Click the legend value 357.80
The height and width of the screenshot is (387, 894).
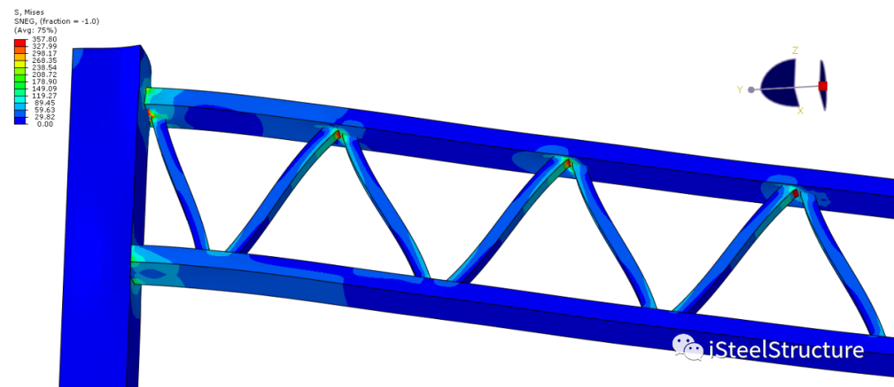(44, 39)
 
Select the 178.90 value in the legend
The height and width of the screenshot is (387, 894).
(44, 82)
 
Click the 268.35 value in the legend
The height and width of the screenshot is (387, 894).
(44, 60)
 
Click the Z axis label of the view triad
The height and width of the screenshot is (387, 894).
(795, 51)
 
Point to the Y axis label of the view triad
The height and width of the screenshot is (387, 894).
(739, 89)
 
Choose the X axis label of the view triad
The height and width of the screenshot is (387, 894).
(800, 110)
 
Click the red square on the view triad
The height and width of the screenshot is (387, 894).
(823, 86)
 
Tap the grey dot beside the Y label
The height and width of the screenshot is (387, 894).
(751, 89)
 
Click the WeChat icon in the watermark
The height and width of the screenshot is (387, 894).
(686, 349)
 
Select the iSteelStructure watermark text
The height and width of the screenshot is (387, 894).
(786, 350)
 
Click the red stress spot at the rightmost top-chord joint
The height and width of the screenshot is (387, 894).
(795, 194)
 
